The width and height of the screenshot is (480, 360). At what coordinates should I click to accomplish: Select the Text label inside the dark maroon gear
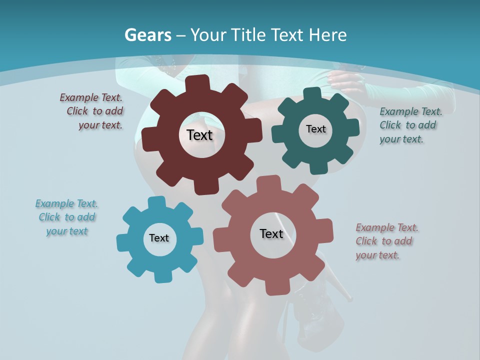199,135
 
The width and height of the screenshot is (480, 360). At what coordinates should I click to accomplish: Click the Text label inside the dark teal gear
315,129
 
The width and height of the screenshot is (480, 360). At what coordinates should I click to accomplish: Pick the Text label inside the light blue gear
159,238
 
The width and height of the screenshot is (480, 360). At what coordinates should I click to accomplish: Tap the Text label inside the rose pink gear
271,233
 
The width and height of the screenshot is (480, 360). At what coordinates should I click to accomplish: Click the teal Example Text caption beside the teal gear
410,125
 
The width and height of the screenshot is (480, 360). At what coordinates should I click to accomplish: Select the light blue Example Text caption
67,217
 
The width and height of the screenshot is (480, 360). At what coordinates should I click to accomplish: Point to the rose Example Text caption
386,241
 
